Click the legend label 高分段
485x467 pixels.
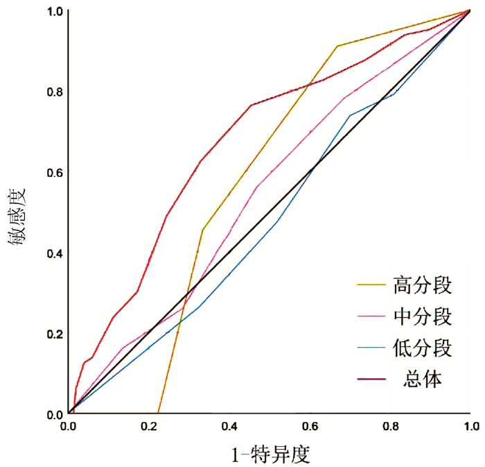[423, 285]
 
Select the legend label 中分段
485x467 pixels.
[423, 316]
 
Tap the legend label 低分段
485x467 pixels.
[423, 348]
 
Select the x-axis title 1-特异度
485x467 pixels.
[270, 455]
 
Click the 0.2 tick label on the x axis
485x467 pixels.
[149, 425]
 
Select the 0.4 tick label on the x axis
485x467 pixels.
[229, 425]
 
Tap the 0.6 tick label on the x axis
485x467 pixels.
[310, 425]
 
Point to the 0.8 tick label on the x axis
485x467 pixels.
[390, 425]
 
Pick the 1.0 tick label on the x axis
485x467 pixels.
[470, 425]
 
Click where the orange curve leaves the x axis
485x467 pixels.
[159, 414]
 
